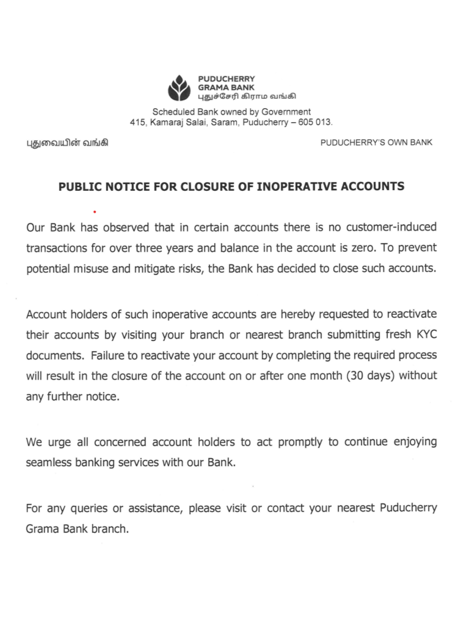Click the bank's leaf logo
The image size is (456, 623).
coord(179,88)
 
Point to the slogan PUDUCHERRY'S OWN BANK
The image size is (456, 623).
coord(376,142)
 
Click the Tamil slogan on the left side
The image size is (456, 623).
coord(67,143)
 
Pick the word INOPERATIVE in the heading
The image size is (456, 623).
coord(296,187)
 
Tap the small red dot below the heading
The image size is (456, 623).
coord(95,212)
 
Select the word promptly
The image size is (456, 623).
coord(300,442)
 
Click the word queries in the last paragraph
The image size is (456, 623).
coord(89,508)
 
